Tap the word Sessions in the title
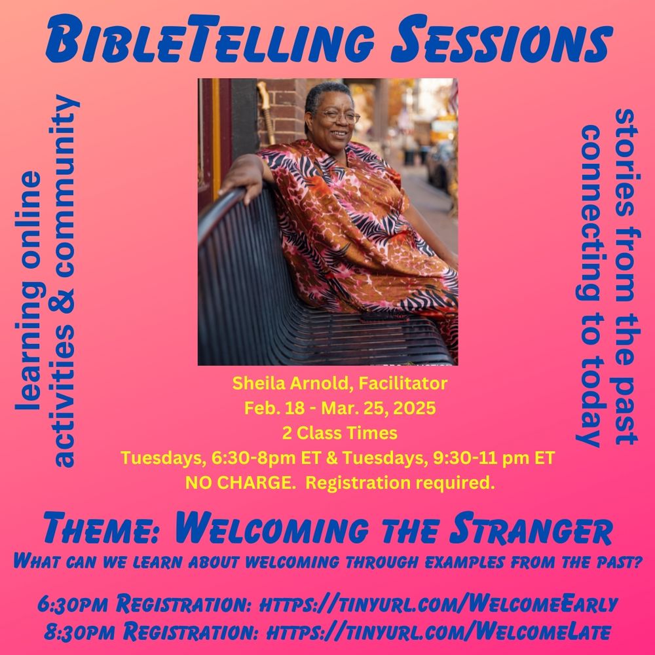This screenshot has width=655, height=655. (x=502, y=39)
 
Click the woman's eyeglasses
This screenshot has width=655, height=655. (x=339, y=116)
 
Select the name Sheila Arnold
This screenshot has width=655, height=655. (x=289, y=383)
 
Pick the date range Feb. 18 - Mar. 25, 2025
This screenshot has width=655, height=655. (x=339, y=408)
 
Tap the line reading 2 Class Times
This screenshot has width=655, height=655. (x=339, y=433)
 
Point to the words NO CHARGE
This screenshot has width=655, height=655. (x=239, y=483)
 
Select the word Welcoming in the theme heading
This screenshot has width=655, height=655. (x=272, y=529)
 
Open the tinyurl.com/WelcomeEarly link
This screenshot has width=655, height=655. (x=438, y=604)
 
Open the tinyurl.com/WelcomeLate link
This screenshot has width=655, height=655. (x=439, y=631)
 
